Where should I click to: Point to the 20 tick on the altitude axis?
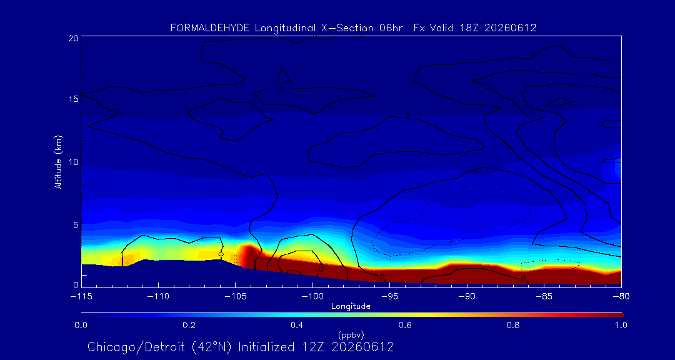point(72,38)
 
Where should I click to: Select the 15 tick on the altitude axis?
point(72,99)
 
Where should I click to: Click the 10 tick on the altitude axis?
point(72,162)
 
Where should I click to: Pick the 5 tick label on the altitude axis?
point(76,225)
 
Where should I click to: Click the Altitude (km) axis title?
point(59,162)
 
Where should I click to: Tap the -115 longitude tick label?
point(81,297)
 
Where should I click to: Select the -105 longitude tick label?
point(236,297)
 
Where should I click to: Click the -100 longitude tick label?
point(313,297)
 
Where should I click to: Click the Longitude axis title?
point(351,307)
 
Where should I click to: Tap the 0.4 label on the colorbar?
point(297,325)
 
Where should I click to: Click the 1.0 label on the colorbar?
point(621,325)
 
